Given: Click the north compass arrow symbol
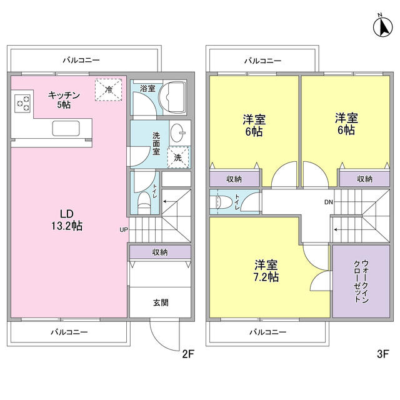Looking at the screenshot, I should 381,26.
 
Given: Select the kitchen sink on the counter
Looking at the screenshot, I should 65,129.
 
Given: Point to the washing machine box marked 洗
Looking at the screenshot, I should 178,157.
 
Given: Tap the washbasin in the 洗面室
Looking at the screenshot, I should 178,132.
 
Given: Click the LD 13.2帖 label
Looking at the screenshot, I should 67,220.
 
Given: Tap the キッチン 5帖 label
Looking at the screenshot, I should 64,100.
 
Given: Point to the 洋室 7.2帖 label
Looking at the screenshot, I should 266,270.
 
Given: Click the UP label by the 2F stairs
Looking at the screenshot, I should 124,229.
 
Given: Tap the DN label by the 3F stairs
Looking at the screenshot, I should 328,202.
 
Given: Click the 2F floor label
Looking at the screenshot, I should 189,354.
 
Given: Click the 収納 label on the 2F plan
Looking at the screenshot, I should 160,252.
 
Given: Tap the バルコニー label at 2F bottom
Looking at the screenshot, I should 69,332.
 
